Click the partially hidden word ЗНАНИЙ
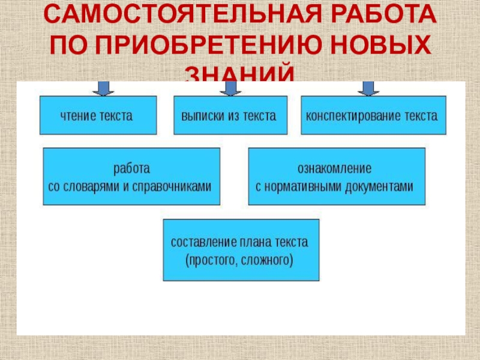pyautogui.click(x=240, y=74)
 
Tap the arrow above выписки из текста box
pyautogui.click(x=230, y=88)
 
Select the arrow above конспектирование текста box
pyautogui.click(x=369, y=88)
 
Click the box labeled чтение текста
pyautogui.click(x=98, y=115)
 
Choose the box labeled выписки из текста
pyautogui.click(x=230, y=115)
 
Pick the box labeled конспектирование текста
pyautogui.click(x=373, y=115)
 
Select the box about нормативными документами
pyautogui.click(x=337, y=176)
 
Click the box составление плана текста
pyautogui.click(x=241, y=250)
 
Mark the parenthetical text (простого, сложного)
pyautogui.click(x=240, y=260)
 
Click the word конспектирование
pyautogui.click(x=356, y=115)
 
